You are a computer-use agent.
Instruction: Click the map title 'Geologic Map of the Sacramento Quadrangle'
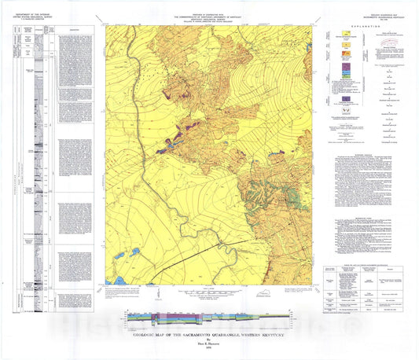pyautogui.click(x=210, y=332)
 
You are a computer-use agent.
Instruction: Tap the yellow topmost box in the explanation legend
pyautogui.click(x=344, y=35)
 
